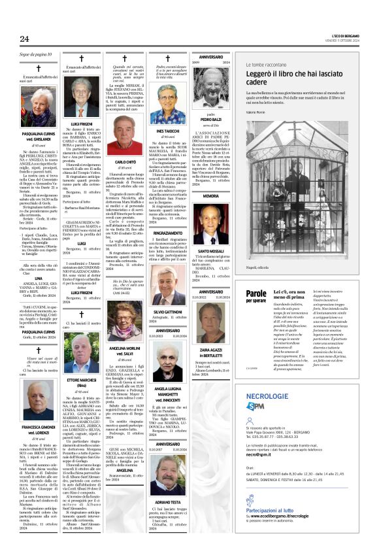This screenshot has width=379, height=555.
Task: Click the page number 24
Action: coord(24,39)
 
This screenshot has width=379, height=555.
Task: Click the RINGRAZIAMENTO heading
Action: coord(167,232)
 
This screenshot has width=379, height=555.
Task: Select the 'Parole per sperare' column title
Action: coord(255,297)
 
